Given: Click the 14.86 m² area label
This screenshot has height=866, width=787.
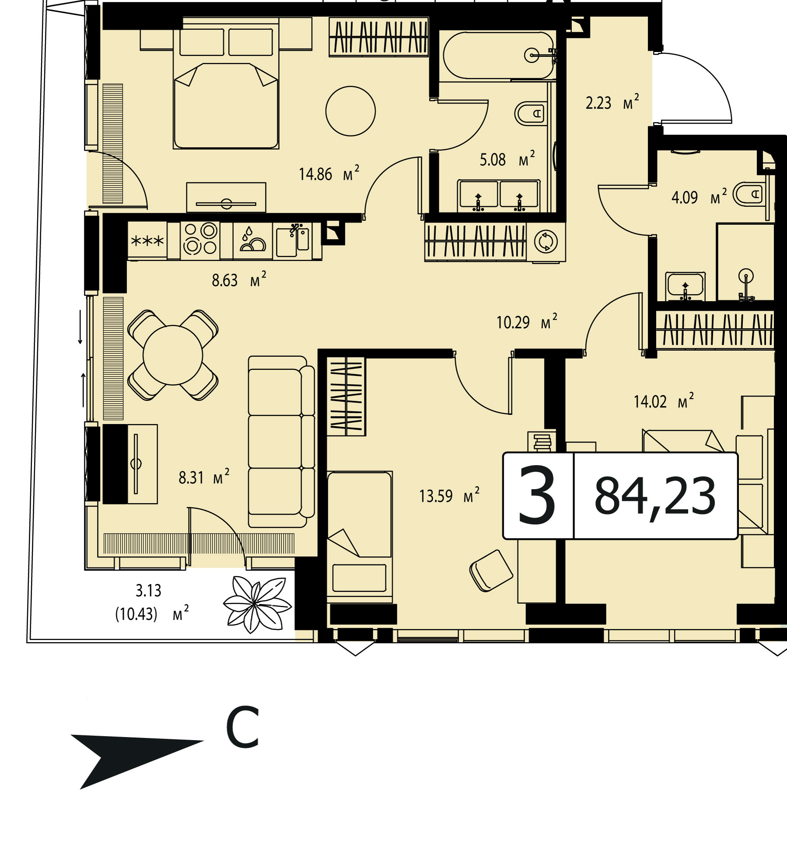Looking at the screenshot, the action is [x=329, y=174].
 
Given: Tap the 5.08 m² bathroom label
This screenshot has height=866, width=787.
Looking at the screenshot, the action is [x=507, y=159].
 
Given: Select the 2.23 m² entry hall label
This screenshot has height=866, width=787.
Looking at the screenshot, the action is [x=612, y=102].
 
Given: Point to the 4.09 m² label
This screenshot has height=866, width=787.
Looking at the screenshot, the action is [x=699, y=197].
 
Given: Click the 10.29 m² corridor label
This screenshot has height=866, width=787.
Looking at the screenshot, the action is [x=527, y=322].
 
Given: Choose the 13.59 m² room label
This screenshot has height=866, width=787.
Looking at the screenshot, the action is [x=449, y=496].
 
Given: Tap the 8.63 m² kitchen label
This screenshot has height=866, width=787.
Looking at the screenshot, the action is [x=239, y=279].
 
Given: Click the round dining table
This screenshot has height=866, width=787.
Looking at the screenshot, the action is [x=173, y=355].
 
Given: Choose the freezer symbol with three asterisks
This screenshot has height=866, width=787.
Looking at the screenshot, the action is [x=147, y=240].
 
